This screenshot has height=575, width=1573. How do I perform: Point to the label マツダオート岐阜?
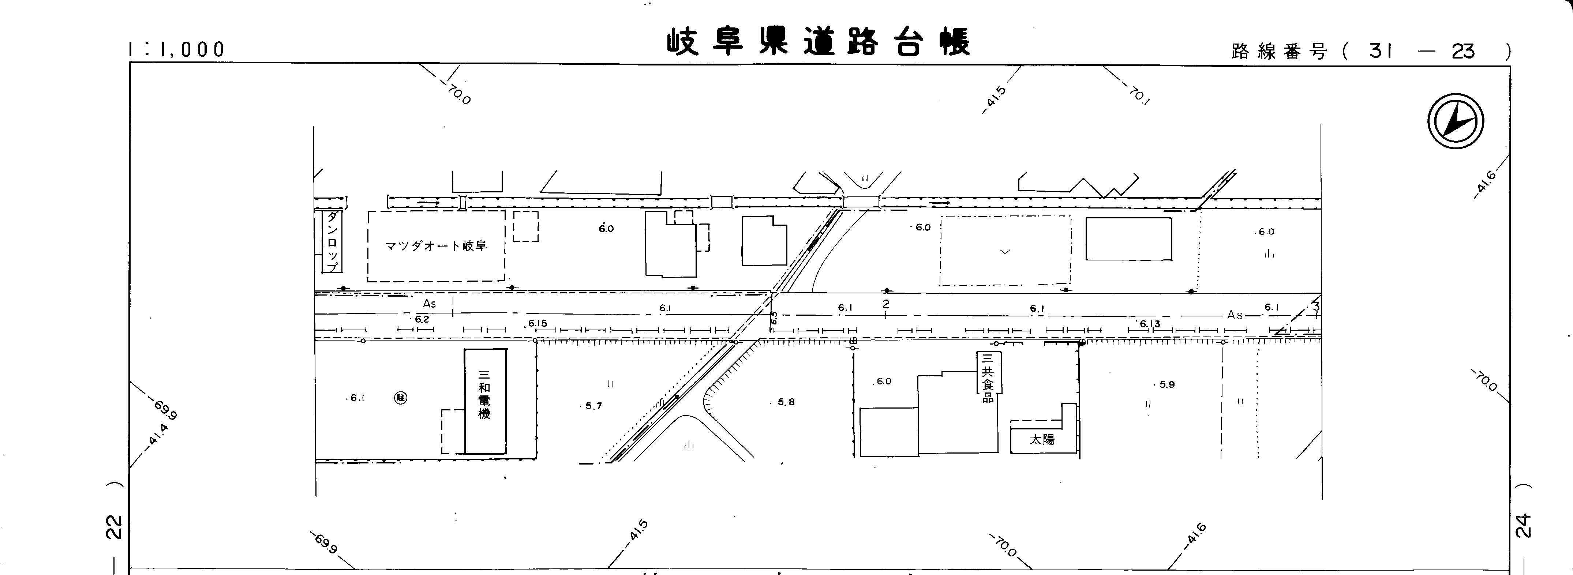point(435,246)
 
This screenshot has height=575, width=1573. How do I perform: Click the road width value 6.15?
point(538,323)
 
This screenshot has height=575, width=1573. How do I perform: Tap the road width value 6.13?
point(1149,323)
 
